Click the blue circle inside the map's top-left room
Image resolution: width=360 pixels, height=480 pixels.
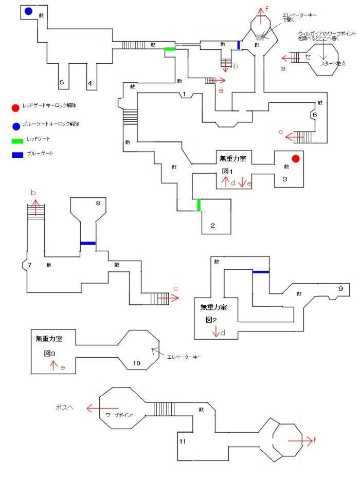[x=28, y=11]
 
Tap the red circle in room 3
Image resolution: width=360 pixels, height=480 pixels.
[x=295, y=158]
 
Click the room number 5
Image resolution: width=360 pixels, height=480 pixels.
[x=62, y=82]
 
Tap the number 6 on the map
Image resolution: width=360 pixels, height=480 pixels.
[x=314, y=115]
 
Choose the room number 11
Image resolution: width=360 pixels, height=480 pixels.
[x=183, y=441]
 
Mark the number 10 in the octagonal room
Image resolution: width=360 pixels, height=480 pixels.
[x=136, y=363]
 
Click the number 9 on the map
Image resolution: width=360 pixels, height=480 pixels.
[x=340, y=288]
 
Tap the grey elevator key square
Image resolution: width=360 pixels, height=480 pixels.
[x=260, y=38]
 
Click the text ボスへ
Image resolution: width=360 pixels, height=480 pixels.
[x=65, y=408]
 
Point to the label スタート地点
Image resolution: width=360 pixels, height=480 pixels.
[x=331, y=63]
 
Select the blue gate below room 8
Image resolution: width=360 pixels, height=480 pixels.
[x=87, y=243]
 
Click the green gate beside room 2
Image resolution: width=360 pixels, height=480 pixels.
[x=199, y=205]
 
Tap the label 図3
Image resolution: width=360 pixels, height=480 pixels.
[x=50, y=354]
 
